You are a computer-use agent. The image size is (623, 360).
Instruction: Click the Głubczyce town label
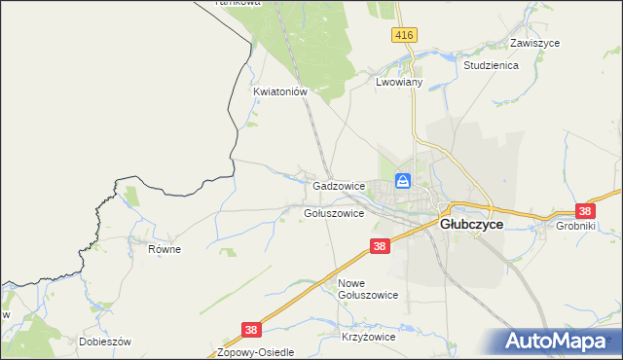[472, 224]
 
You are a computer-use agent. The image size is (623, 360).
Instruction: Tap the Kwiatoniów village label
[280, 92]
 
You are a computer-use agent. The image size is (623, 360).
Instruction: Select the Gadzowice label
[339, 185]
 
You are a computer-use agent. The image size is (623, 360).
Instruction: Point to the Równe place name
[165, 249]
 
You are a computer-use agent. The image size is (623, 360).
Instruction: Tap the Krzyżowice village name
[368, 337]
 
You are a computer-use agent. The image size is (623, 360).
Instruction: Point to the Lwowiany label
[398, 84]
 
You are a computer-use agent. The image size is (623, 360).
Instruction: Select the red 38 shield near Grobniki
[585, 210]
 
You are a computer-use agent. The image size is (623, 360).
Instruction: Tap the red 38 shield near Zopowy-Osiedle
[251, 331]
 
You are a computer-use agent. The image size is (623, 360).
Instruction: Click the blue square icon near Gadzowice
[403, 181]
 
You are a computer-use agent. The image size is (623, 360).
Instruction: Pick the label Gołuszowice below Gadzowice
[334, 213]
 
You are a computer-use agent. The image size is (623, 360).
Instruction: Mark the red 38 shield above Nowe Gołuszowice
[380, 247]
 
